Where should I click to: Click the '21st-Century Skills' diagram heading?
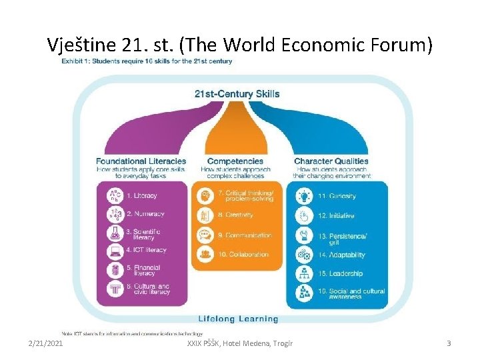(x=237, y=94)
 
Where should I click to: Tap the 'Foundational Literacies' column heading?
(x=141, y=161)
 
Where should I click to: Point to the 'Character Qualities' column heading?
(x=331, y=161)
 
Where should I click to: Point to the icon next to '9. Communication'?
(x=204, y=235)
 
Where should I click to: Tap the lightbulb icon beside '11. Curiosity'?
(x=304, y=196)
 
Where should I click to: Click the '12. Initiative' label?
(x=336, y=216)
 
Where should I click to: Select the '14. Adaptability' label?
(x=341, y=255)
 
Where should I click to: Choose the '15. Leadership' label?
(x=340, y=273)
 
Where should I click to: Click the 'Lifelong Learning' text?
(x=237, y=319)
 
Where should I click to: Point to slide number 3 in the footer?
(x=449, y=343)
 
